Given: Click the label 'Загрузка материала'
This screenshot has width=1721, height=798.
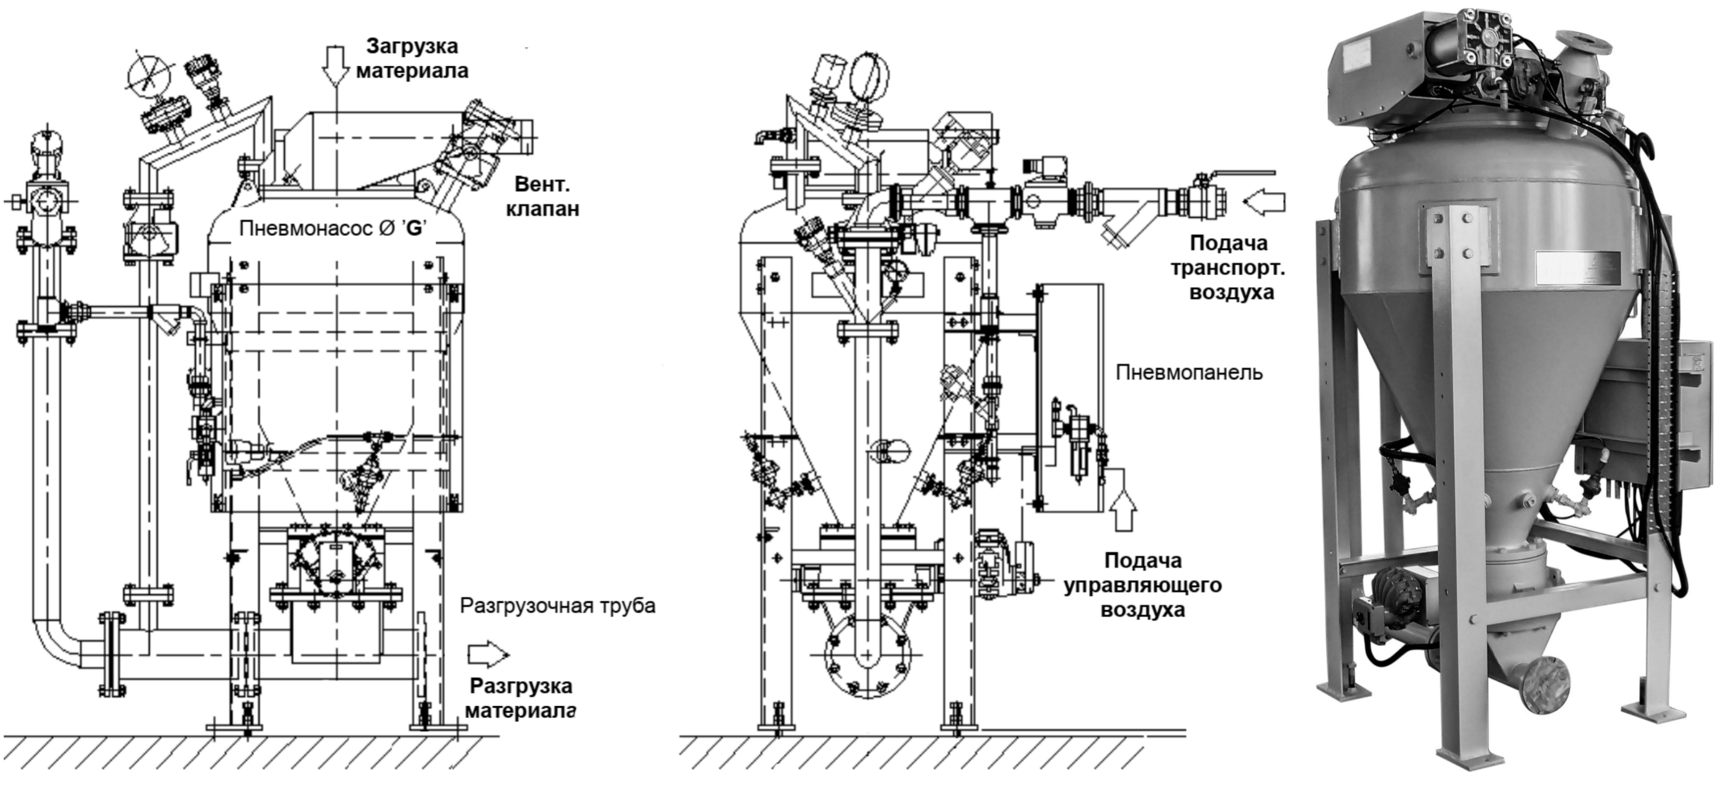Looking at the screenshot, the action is (412, 58).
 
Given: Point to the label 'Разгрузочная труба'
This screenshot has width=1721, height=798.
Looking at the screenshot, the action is (558, 607).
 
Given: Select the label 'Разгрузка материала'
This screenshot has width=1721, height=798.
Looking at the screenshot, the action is (520, 698).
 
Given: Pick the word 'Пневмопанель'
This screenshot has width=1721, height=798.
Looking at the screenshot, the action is (1189, 372).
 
